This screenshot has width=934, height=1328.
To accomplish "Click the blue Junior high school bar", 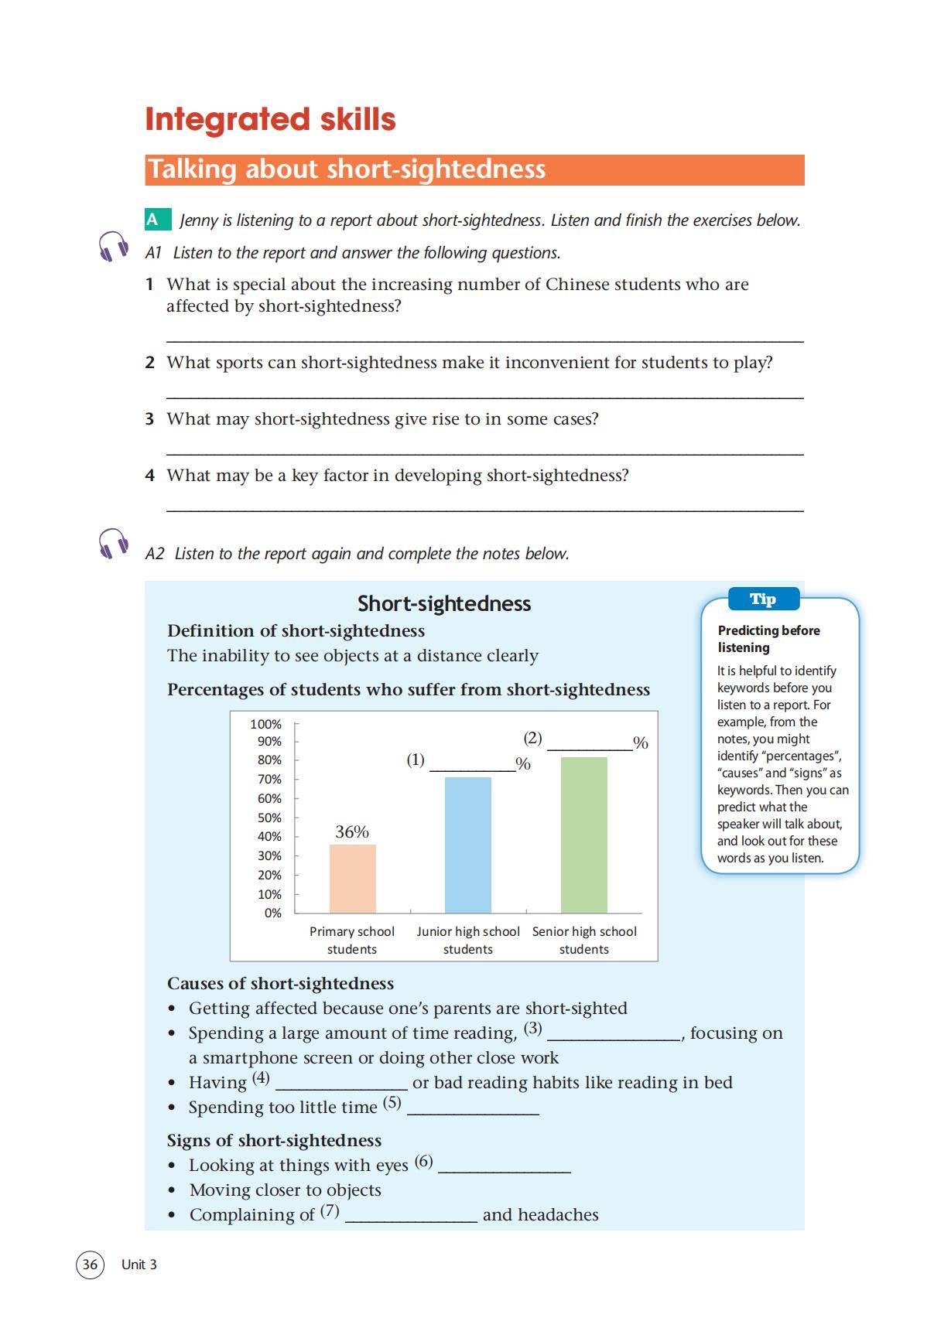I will [467, 845].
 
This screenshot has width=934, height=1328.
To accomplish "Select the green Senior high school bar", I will [583, 835].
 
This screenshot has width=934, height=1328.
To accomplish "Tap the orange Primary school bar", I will [352, 878].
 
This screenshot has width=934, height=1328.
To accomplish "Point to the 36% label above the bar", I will [352, 831].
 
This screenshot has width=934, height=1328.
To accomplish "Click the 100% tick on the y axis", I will [266, 724].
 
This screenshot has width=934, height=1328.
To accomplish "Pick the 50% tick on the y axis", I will [269, 818].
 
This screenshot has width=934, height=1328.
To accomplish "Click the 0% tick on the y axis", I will [272, 913].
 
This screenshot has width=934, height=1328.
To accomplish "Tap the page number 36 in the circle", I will [90, 1264].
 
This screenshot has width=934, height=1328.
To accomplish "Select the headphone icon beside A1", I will [113, 247].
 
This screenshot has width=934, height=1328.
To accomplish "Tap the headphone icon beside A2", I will [113, 544].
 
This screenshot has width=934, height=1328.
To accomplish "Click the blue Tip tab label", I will [763, 599].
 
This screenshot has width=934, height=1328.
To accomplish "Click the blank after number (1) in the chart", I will [472, 766].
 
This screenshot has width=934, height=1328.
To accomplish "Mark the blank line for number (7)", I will [411, 1218].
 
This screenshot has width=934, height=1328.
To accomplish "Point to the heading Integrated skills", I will [270, 119].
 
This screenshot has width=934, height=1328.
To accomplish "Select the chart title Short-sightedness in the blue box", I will [444, 603].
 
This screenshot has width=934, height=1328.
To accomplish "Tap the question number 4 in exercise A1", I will [149, 475].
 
